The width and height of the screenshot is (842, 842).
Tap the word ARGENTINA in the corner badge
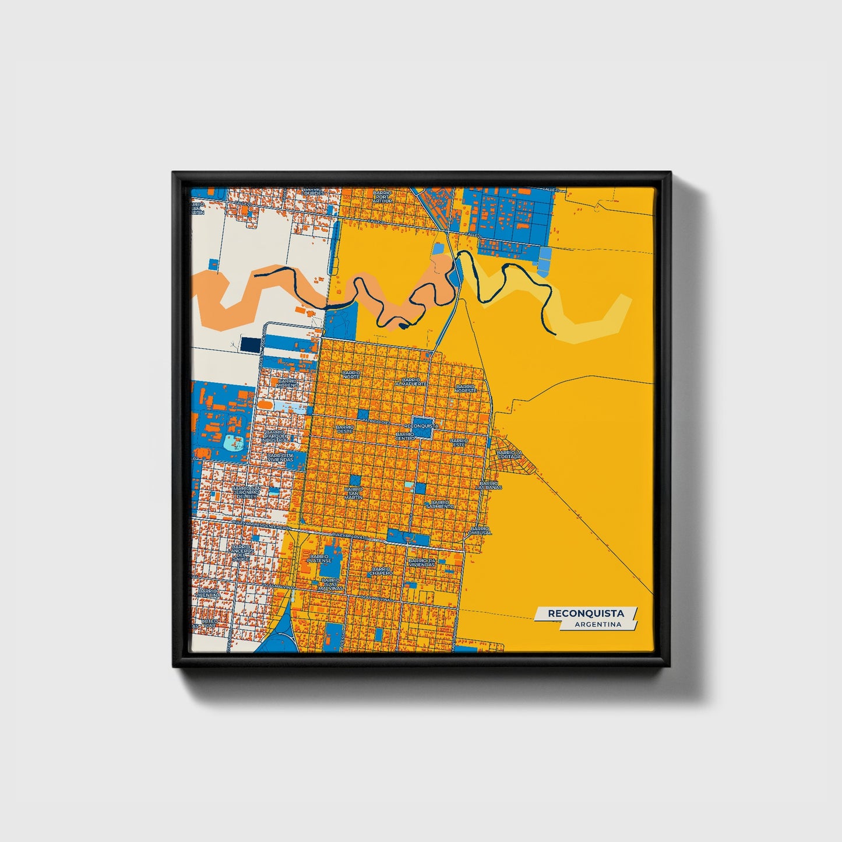pos(597,625)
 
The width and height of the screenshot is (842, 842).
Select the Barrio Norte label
pos(351,374)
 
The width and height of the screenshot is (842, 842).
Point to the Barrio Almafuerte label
pos(411,382)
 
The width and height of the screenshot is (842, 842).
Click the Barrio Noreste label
pos(466,387)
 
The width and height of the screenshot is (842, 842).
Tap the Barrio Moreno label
pos(287,383)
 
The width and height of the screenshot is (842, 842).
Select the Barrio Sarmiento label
pos(440,504)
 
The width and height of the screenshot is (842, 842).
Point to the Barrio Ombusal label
pos(481,530)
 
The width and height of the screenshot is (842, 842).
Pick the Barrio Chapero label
pos(381,571)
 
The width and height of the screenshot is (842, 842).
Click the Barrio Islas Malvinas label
pos(330,584)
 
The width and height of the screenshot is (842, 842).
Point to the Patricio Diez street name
pos(375,421)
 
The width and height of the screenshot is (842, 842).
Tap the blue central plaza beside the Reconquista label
pos(422,423)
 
